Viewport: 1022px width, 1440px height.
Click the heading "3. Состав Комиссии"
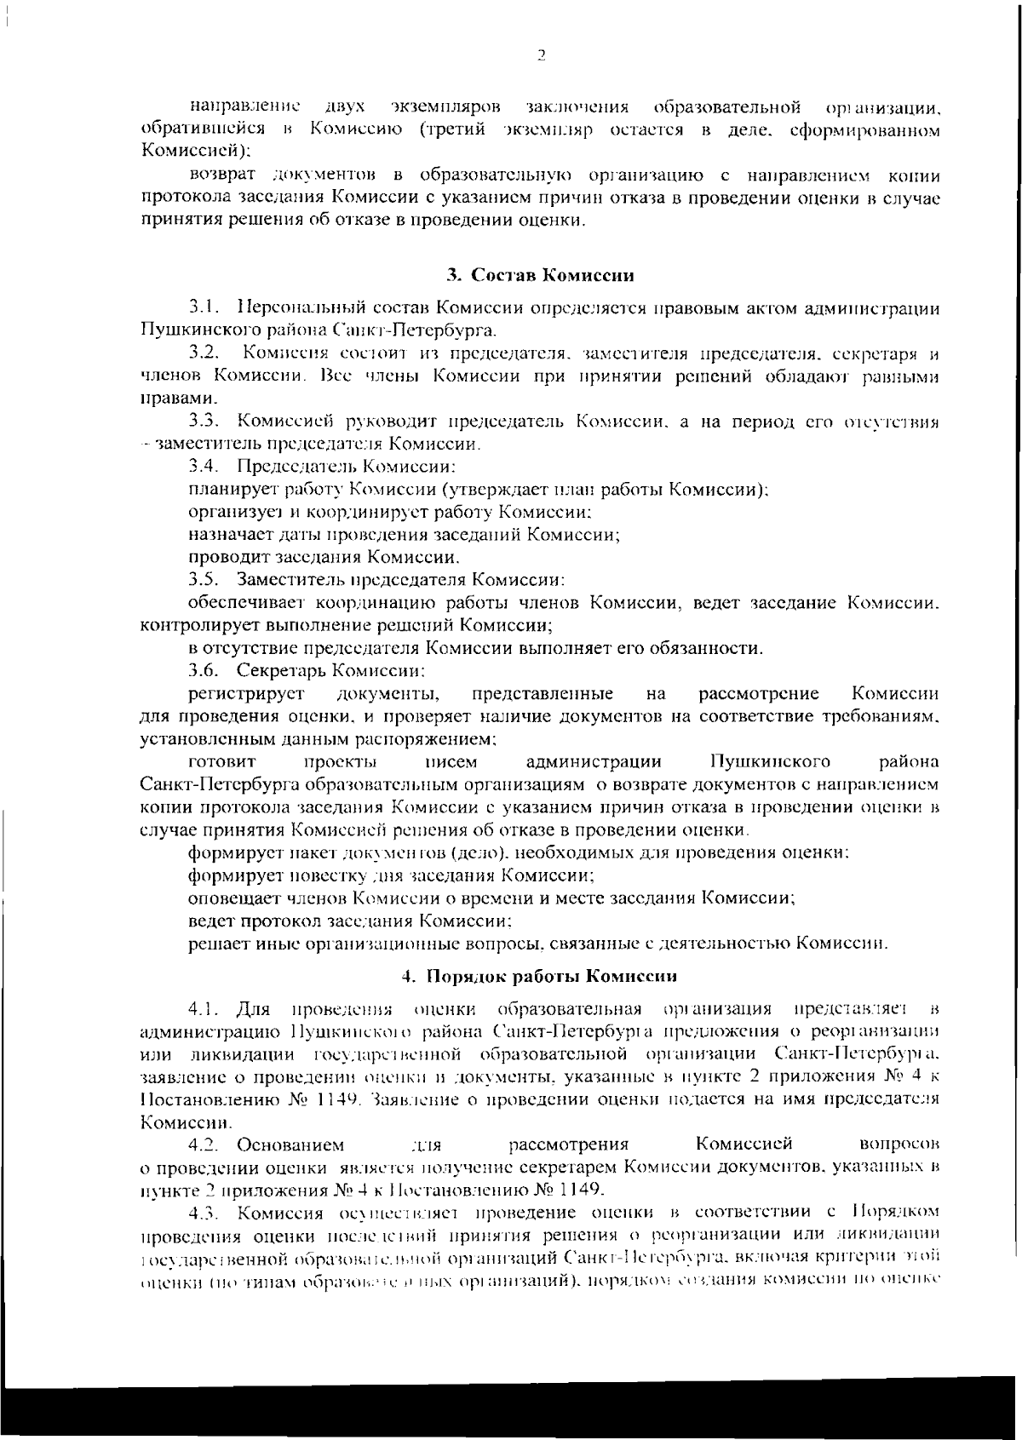pos(540,276)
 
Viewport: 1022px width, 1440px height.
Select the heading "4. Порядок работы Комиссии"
pos(540,975)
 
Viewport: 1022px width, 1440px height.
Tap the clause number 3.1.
pos(205,307)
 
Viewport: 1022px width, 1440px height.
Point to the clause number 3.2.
pos(205,353)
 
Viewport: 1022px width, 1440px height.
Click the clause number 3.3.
pos(205,422)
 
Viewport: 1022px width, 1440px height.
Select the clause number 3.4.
pos(205,467)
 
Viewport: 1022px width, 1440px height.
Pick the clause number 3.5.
pos(205,581)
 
